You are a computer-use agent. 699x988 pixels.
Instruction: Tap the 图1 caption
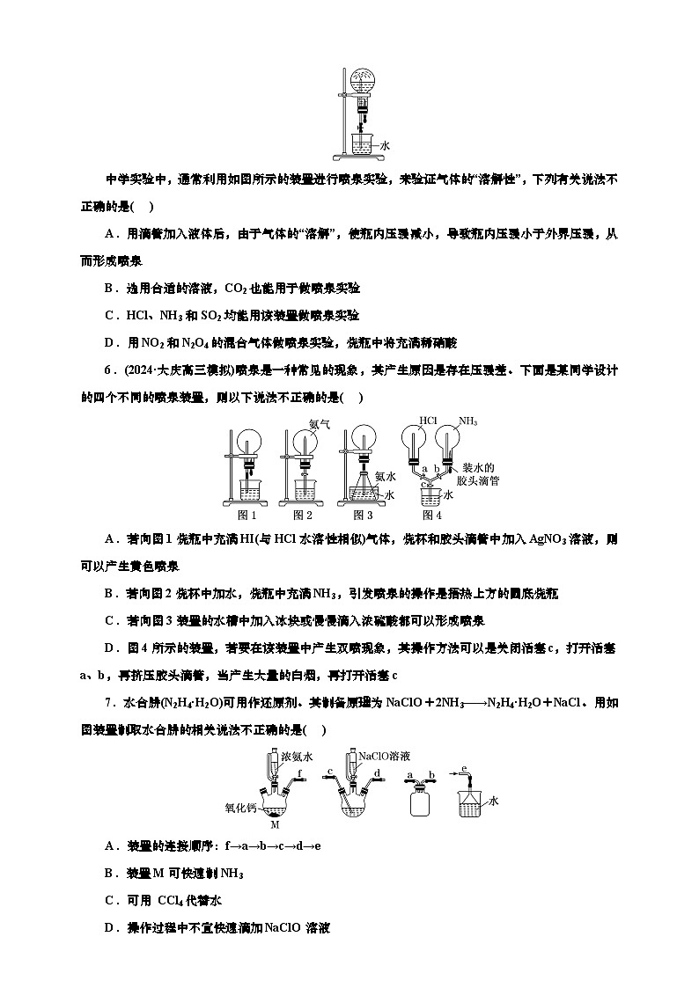247,516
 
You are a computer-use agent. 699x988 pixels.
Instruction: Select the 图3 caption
362,516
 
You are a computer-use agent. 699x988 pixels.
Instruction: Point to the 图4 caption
431,516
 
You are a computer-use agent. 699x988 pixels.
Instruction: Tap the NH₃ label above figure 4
467,421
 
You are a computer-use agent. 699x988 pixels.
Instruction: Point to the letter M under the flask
275,825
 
